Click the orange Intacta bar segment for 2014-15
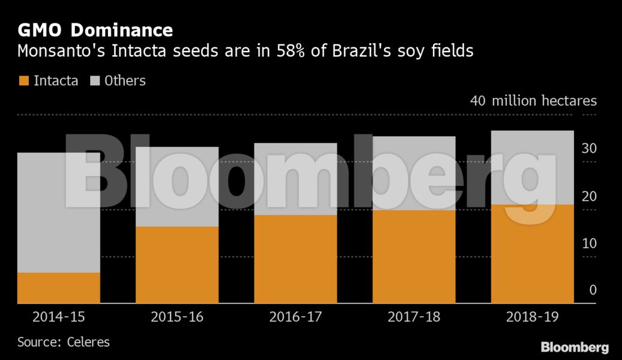click(59, 288)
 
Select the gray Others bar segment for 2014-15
click(59, 212)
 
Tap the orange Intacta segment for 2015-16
click(177, 265)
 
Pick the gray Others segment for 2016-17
click(295, 179)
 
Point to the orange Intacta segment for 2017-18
click(414, 257)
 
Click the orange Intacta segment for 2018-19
click(532, 254)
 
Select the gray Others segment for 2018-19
click(532, 167)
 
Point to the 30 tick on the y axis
click(590, 149)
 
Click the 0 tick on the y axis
click(593, 290)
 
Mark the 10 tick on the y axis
click(590, 244)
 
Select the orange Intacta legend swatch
click(23, 80)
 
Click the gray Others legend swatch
click(94, 80)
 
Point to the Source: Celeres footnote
click(64, 342)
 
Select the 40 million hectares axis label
click(533, 100)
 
